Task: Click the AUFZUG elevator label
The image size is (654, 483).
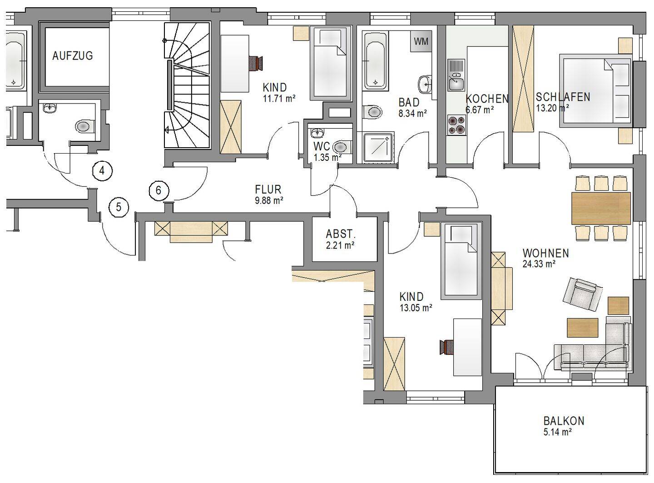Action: (73, 56)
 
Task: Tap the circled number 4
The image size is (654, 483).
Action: (102, 170)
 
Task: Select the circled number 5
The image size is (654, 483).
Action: (119, 207)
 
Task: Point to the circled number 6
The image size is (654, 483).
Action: (159, 190)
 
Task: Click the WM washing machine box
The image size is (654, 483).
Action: (421, 41)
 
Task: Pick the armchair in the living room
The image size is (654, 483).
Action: (583, 294)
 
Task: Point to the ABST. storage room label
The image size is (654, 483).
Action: (341, 234)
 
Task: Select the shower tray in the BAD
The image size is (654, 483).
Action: (378, 148)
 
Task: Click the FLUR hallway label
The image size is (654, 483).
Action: (268, 189)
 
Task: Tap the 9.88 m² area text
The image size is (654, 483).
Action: (269, 201)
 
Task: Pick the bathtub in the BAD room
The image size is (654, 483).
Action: (375, 61)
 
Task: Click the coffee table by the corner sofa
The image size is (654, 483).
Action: (583, 328)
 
